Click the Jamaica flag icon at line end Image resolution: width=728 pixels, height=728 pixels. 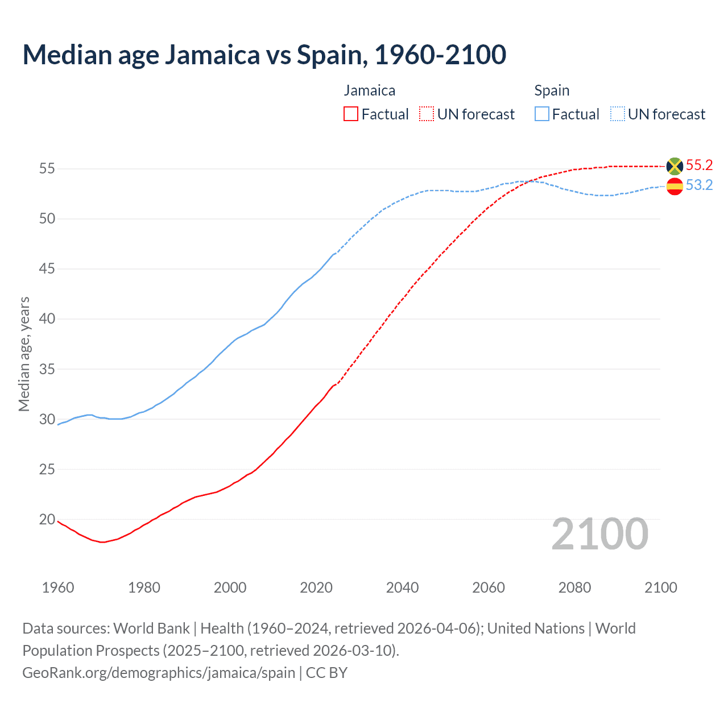675,166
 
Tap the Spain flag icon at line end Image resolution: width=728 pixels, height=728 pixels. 675,186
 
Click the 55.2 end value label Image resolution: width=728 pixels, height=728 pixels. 699,166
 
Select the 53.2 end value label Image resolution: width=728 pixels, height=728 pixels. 699,185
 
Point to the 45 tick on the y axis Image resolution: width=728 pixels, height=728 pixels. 47,268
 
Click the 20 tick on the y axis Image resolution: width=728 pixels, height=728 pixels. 47,519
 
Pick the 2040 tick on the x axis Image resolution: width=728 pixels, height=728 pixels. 402,588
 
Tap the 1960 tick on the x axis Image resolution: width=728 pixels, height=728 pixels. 58,588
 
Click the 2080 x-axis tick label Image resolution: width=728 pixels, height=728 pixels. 574,588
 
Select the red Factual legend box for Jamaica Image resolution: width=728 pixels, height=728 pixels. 351,114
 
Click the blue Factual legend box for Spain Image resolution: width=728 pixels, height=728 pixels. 542,114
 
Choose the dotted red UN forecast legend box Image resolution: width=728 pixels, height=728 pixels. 427,114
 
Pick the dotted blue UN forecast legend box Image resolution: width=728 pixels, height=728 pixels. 618,114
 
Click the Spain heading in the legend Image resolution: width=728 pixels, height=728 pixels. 552,90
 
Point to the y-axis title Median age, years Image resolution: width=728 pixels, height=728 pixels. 24,354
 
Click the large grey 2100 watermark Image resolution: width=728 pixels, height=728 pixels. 599,534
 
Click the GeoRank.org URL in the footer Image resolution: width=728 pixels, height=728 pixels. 159,673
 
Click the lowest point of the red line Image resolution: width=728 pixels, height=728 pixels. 102,542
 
